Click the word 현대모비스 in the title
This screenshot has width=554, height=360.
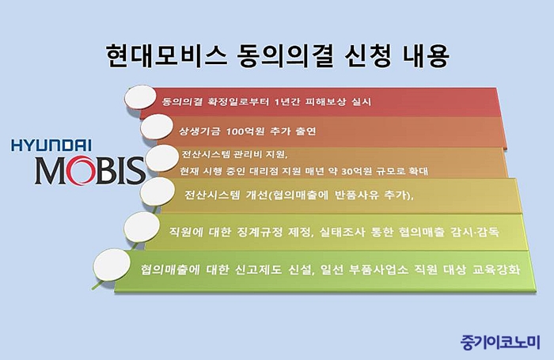point(166,55)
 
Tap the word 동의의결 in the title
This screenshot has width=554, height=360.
point(285,55)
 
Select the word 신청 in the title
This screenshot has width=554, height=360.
point(367,55)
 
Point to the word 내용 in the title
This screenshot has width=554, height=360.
point(426,55)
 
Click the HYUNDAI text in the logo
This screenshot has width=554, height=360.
point(51,146)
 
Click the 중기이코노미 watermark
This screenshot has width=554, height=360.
point(500,341)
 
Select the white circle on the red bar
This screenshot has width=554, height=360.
point(140,97)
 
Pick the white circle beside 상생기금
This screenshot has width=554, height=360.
point(157,127)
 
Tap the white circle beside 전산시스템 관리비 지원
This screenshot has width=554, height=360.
point(162,158)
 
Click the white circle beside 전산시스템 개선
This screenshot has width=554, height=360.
point(157,191)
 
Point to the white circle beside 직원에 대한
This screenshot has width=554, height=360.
point(142,227)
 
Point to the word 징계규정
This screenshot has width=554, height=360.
point(260,232)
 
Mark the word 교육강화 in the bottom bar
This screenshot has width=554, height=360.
point(496,270)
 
